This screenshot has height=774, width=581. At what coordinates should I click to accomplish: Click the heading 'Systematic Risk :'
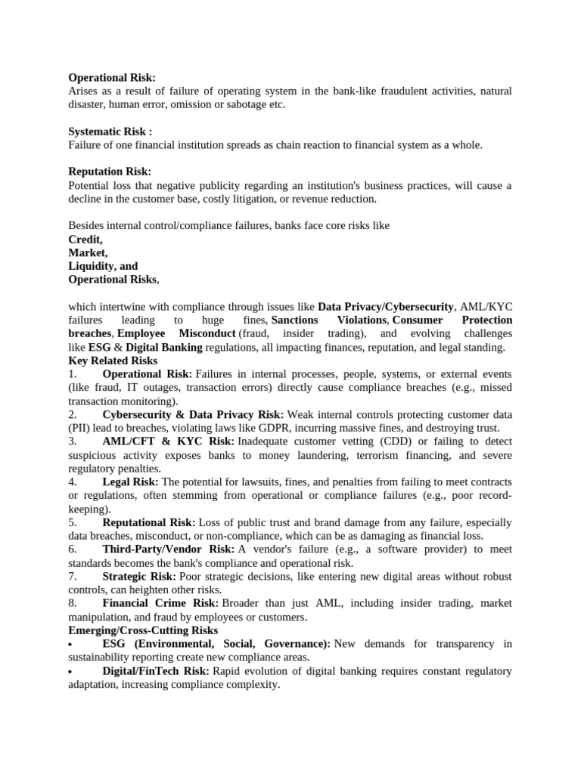[x=110, y=132]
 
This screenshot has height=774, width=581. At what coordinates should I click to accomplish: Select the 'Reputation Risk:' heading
[x=110, y=172]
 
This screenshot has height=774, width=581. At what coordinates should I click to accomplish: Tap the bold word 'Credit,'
[x=85, y=239]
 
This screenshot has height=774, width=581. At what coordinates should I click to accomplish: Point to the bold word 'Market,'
[x=88, y=252]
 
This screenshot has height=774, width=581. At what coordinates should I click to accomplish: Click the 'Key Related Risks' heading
[x=113, y=361]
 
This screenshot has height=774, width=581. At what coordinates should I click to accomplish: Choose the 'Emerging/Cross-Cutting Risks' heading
[x=143, y=630]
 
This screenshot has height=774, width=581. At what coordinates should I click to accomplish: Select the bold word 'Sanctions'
[x=294, y=320]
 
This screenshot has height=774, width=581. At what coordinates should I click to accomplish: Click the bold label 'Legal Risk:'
[x=131, y=482]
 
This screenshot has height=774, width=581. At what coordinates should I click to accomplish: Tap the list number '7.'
[x=73, y=577]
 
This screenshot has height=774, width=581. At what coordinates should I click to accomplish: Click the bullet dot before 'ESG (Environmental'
[x=70, y=645]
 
